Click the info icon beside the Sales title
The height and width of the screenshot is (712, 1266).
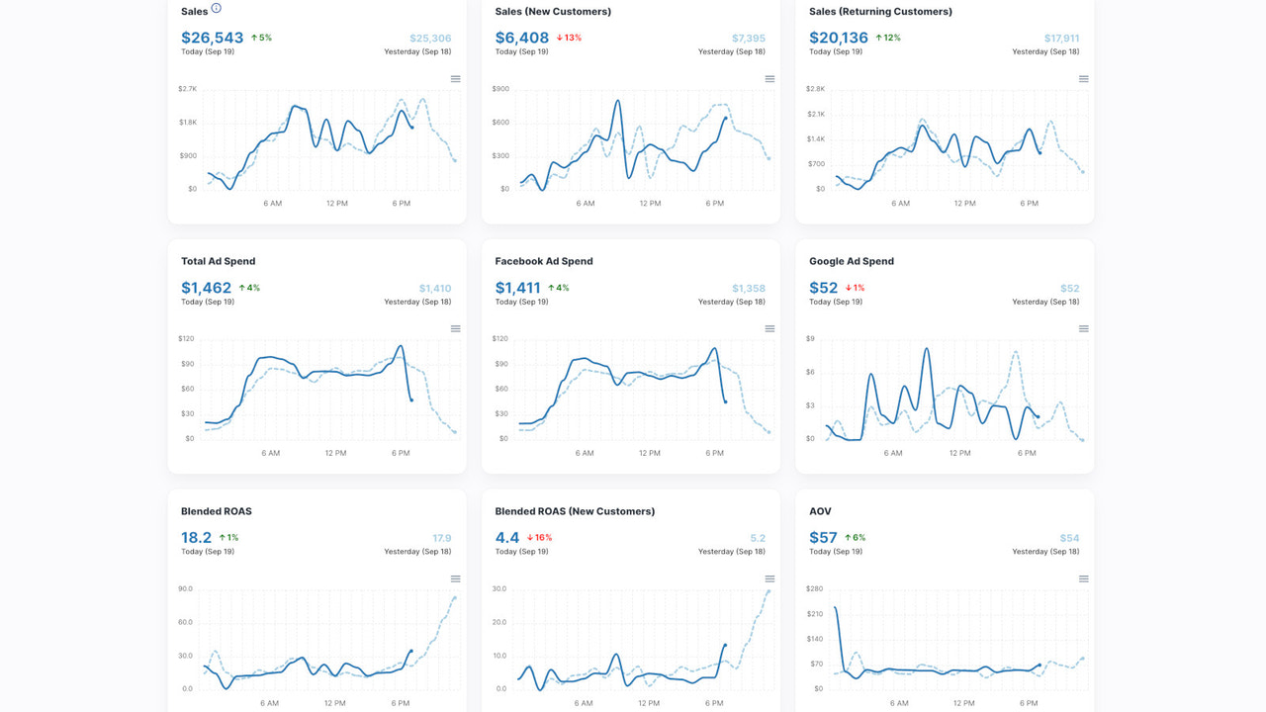217,9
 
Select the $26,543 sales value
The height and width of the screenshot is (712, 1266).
212,38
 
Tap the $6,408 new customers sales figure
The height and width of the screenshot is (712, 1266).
521,38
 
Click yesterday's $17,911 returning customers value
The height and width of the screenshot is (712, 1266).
1061,39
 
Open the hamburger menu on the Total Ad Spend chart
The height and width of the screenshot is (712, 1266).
455,328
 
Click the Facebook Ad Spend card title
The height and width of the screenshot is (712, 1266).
543,261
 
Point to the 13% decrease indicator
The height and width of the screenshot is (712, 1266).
569,38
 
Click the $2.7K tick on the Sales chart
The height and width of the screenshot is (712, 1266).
187,89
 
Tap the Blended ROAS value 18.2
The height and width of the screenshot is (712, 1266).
196,538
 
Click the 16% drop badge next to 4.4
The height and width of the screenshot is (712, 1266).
539,538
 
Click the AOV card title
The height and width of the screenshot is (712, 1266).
820,511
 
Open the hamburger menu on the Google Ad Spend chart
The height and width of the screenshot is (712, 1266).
1083,328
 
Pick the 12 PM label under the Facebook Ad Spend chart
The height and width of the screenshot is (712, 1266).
649,453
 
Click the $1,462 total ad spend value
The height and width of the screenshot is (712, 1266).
206,288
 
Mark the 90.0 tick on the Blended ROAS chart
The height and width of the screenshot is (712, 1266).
185,589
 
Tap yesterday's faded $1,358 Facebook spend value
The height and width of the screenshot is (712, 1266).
748,289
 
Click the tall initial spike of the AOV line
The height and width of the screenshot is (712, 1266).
836,608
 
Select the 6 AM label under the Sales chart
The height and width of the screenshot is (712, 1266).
272,204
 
